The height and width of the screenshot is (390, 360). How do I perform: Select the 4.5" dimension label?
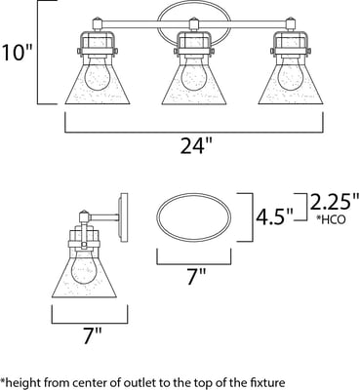[274, 217]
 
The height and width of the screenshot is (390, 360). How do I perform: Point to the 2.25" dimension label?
[334, 202]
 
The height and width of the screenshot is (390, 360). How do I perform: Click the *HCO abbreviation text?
[331, 219]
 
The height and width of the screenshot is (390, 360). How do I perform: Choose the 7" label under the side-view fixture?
[94, 336]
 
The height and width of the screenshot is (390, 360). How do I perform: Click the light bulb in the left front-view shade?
[98, 74]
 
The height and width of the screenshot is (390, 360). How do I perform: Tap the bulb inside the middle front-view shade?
[194, 74]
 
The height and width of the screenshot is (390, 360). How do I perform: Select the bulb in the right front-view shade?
[291, 74]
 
